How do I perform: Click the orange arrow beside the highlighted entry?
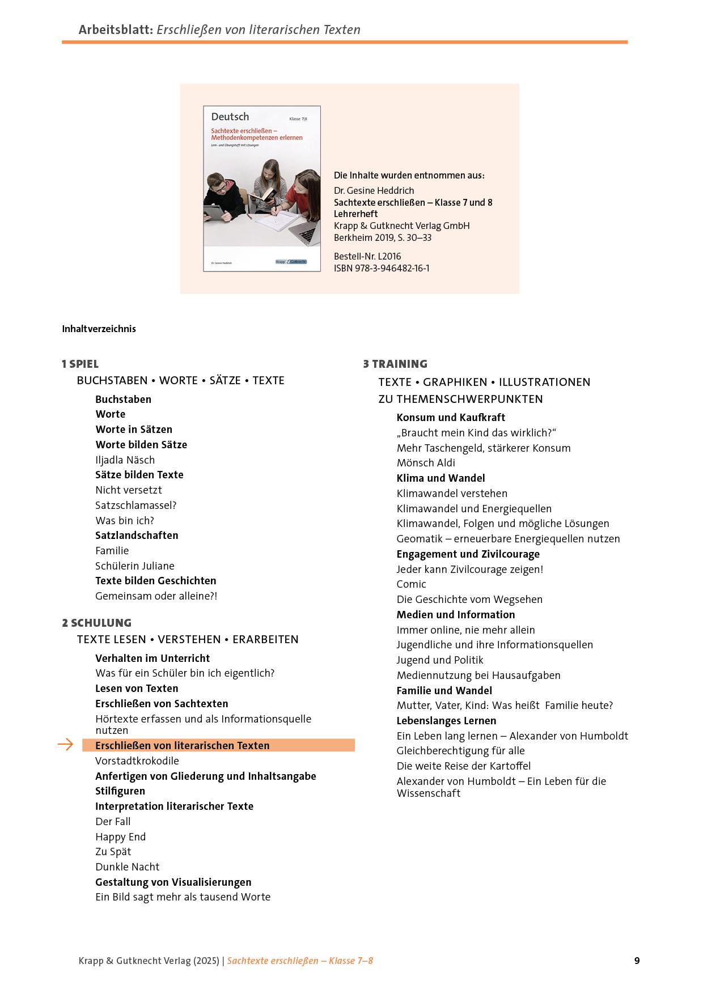click(x=66, y=745)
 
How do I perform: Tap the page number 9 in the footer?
click(x=637, y=961)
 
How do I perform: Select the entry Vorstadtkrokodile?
click(x=137, y=761)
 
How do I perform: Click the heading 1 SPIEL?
click(x=80, y=364)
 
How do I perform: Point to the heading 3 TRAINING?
click(x=395, y=364)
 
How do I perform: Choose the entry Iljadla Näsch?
click(x=125, y=460)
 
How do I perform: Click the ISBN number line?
click(x=382, y=268)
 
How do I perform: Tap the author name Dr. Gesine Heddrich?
click(x=374, y=190)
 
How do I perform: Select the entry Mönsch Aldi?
click(x=426, y=463)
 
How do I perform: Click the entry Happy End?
click(x=120, y=836)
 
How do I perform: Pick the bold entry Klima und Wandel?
click(x=441, y=478)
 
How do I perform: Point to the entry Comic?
click(x=411, y=584)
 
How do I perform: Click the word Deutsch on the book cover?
click(x=230, y=117)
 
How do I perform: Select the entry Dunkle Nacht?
click(x=127, y=866)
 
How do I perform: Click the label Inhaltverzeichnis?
click(x=99, y=329)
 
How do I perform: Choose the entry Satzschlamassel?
click(x=135, y=505)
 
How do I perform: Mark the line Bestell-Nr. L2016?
click(x=367, y=256)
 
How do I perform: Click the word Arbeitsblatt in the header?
click(x=115, y=29)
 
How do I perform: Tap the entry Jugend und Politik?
click(x=440, y=660)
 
